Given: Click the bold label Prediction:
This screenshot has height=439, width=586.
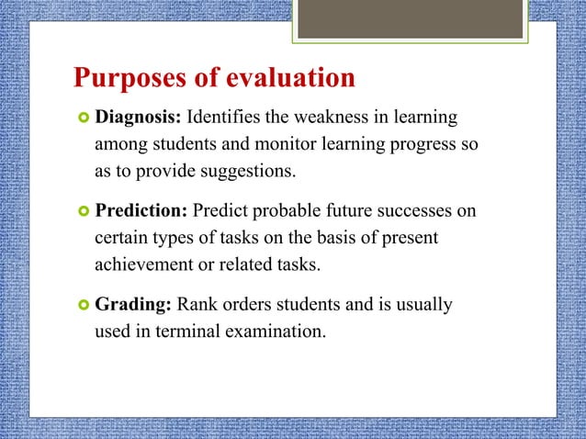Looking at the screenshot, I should click(x=141, y=211).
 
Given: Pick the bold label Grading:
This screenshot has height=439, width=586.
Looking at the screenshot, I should click(x=133, y=304).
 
